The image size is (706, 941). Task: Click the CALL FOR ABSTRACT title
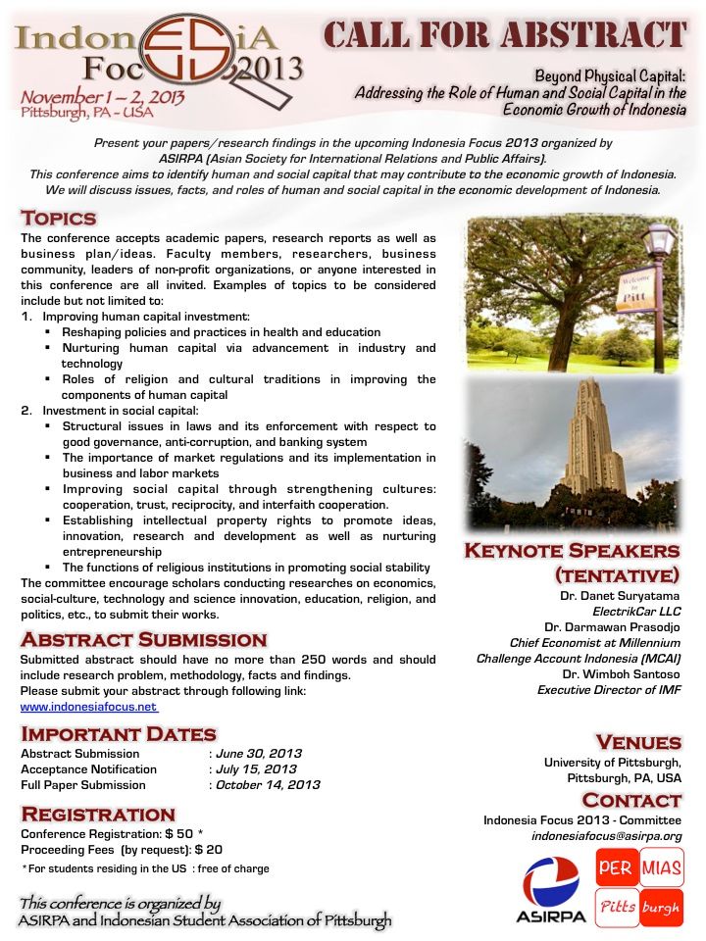click(x=505, y=35)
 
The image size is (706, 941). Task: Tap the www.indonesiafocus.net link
click(x=88, y=707)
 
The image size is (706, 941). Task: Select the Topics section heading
click(x=59, y=218)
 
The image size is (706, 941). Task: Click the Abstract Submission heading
click(x=143, y=640)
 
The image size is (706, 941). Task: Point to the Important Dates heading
click(x=119, y=734)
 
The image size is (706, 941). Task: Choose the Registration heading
click(x=98, y=814)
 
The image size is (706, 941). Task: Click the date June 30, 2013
click(x=258, y=754)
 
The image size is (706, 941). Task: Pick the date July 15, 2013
click(x=256, y=769)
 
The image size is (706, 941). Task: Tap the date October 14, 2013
click(x=267, y=785)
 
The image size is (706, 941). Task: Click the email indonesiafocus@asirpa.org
click(x=606, y=836)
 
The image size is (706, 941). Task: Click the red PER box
click(x=615, y=867)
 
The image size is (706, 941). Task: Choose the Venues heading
click(x=638, y=742)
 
